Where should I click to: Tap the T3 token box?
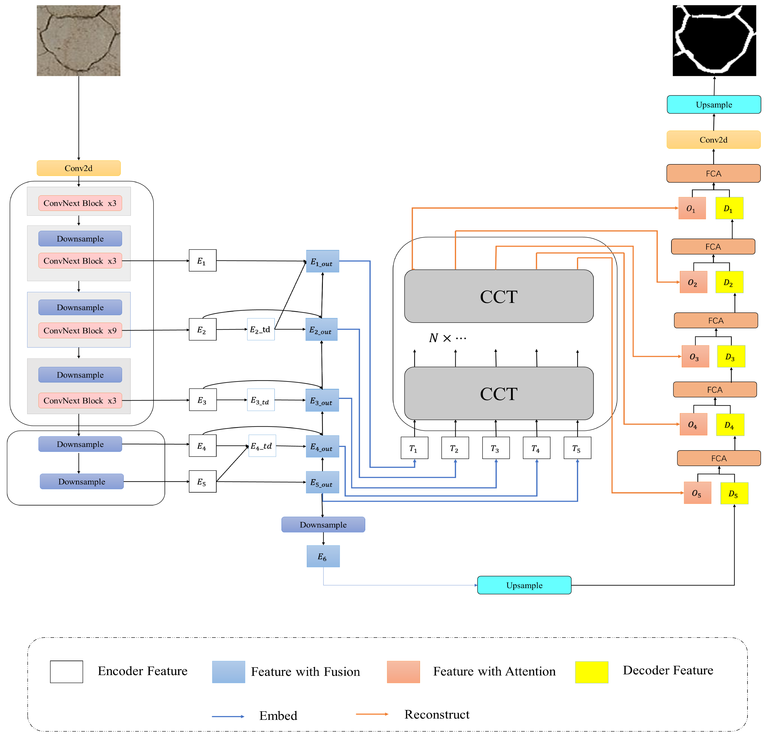point(495,448)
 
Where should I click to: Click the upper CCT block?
point(498,296)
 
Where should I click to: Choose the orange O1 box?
point(692,208)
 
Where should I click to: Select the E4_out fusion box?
point(322,446)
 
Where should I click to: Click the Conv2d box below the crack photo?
point(79,168)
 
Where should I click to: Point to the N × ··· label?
point(447,338)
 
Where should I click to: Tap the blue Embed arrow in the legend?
point(228,716)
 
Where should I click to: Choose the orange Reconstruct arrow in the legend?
point(372,713)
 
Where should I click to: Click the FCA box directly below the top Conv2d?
point(713,173)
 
